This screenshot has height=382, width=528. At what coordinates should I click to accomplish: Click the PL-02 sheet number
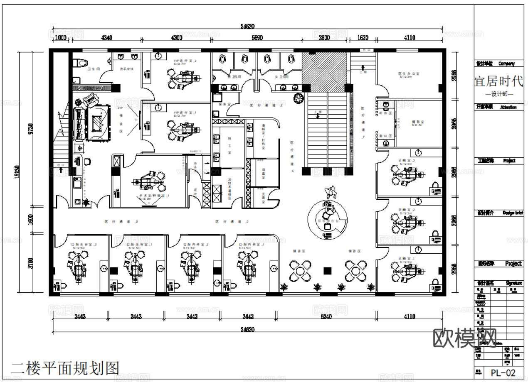tap(503, 372)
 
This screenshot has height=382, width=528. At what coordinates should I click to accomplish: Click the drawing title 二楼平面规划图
tap(65, 368)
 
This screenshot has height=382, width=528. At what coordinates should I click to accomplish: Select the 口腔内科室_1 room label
tap(249, 245)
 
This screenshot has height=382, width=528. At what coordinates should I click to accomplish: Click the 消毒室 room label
tap(263, 173)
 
